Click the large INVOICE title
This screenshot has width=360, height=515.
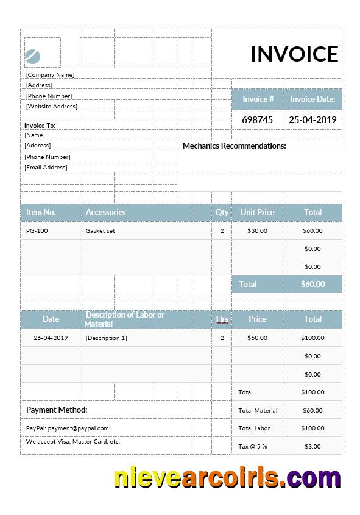294,54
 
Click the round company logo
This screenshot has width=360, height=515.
33,57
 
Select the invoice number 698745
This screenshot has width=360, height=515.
258,120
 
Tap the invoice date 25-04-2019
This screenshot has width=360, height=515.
312,120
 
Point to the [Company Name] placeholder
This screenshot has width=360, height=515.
50,75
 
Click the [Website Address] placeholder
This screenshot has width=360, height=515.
51,107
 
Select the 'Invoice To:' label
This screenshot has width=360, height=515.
40,126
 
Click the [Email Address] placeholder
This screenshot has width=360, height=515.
46,168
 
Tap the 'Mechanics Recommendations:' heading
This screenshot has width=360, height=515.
235,146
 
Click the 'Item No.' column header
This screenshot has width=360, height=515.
41,212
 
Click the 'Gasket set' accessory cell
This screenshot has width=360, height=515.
101,231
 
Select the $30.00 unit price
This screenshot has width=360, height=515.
257,231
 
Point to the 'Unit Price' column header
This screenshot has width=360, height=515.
258,212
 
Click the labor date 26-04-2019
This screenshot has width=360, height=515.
51,338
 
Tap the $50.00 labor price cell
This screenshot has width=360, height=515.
257,338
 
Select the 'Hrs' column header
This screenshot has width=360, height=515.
222,319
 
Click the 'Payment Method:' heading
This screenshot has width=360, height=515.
57,410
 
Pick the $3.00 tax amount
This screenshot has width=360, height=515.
312,447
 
